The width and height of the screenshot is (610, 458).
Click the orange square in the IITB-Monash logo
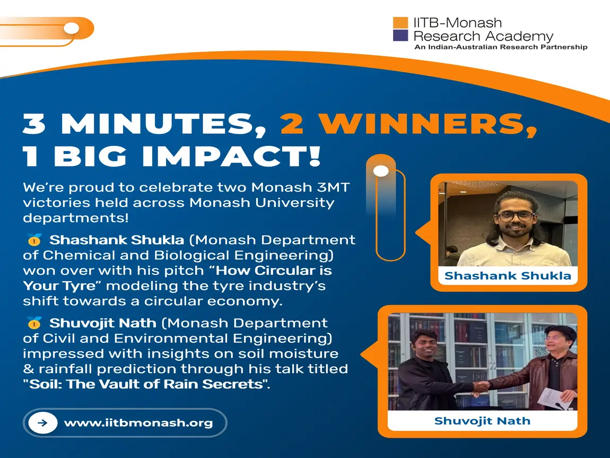tap(400, 22)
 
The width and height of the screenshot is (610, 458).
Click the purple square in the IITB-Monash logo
tap(400, 36)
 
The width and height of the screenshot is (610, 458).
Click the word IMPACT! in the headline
tap(231, 156)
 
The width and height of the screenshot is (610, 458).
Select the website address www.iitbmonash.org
tap(138, 423)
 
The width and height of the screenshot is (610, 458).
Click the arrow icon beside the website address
tap(43, 422)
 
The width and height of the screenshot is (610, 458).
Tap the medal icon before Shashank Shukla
tap(34, 240)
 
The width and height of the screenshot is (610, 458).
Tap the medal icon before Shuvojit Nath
tap(34, 323)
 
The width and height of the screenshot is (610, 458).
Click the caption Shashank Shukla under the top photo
tap(508, 275)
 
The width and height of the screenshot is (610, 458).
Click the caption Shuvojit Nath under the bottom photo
tap(482, 421)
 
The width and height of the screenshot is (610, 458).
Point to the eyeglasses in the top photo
tap(516, 215)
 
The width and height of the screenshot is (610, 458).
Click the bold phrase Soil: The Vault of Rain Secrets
tap(146, 384)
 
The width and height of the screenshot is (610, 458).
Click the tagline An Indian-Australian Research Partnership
tap(501, 47)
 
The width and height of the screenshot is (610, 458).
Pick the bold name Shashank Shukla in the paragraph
tap(117, 240)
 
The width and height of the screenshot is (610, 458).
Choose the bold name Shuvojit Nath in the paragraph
tap(103, 323)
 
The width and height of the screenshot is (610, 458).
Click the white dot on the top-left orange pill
tap(72, 28)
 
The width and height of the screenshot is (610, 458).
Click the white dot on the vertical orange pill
tap(381, 171)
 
